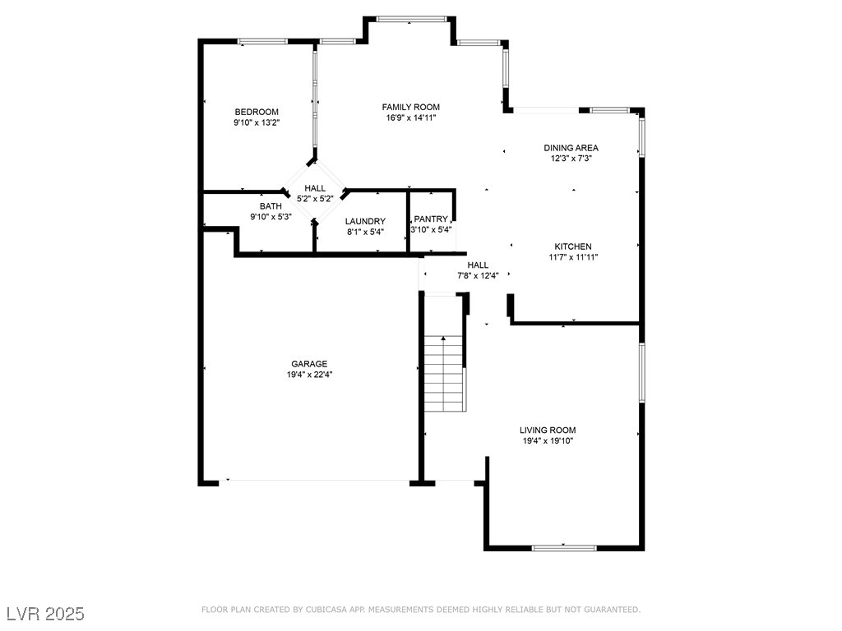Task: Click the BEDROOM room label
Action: (257, 112)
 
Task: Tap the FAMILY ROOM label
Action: (410, 107)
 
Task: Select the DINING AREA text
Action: (571, 148)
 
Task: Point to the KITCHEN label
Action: (572, 246)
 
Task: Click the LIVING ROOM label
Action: (547, 430)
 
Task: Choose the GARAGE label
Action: (309, 364)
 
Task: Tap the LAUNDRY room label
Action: (365, 221)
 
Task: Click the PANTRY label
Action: (431, 219)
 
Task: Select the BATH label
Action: (271, 206)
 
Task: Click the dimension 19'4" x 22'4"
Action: (309, 375)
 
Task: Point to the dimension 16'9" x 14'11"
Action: (410, 117)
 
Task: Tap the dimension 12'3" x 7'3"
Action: (571, 159)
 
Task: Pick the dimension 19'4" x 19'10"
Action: (547, 440)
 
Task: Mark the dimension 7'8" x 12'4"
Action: (478, 275)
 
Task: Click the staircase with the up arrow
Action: (444, 374)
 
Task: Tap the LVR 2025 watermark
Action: (45, 614)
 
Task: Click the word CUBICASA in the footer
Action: (331, 610)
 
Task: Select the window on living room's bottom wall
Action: (564, 547)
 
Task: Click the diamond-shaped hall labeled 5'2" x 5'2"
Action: (314, 193)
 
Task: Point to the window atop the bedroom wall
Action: (262, 40)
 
